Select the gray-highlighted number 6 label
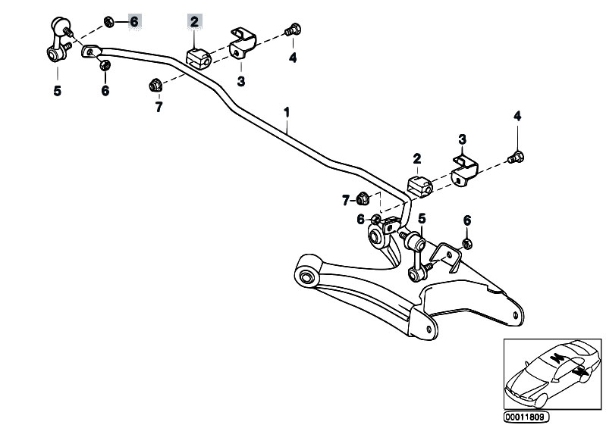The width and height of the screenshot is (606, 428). pyautogui.click(x=133, y=21)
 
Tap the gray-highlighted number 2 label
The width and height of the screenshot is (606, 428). pyautogui.click(x=194, y=22)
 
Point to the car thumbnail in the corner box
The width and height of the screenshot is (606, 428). pyautogui.click(x=550, y=371)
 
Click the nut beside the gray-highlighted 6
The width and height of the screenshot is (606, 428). pyautogui.click(x=109, y=21)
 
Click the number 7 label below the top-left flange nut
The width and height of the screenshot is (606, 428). pyautogui.click(x=159, y=108)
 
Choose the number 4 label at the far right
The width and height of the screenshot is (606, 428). pyautogui.click(x=517, y=116)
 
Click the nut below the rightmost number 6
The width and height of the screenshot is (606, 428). pyautogui.click(x=467, y=243)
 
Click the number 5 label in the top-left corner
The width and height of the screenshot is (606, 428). pyautogui.click(x=57, y=92)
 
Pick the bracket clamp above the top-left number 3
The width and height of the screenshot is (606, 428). pyautogui.click(x=243, y=43)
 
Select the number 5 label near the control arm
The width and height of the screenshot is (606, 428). pyautogui.click(x=421, y=218)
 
